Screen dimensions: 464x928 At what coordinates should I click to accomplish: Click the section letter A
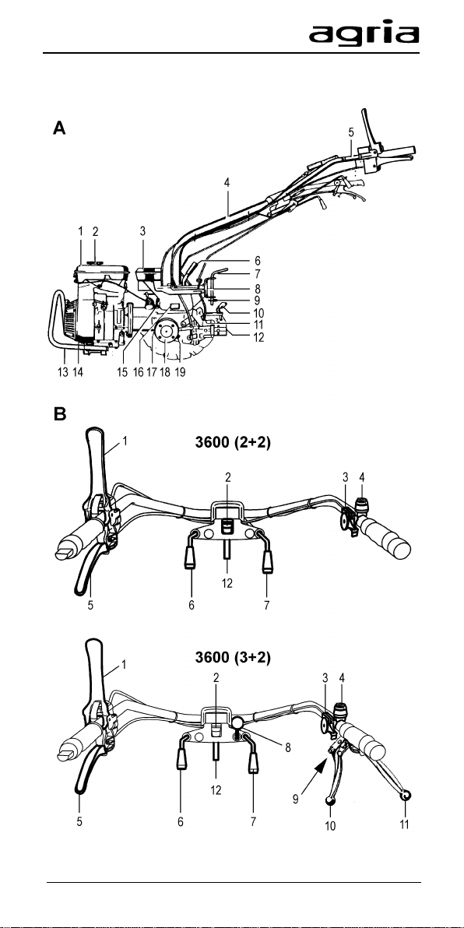(x=59, y=128)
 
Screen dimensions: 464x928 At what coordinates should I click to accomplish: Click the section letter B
(x=59, y=413)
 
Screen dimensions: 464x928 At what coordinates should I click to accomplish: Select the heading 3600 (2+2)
(x=234, y=442)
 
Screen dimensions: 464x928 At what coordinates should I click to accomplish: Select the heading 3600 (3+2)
(x=234, y=658)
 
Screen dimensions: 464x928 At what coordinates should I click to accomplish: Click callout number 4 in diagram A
(x=227, y=183)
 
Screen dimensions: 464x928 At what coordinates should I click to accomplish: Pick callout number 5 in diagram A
(x=351, y=132)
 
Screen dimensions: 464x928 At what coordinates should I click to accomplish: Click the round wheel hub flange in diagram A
(x=164, y=333)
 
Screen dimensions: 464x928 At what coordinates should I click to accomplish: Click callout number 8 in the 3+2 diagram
(x=287, y=747)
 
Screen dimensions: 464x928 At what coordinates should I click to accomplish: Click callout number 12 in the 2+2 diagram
(x=227, y=583)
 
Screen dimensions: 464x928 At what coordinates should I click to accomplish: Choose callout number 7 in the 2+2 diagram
(x=267, y=606)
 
